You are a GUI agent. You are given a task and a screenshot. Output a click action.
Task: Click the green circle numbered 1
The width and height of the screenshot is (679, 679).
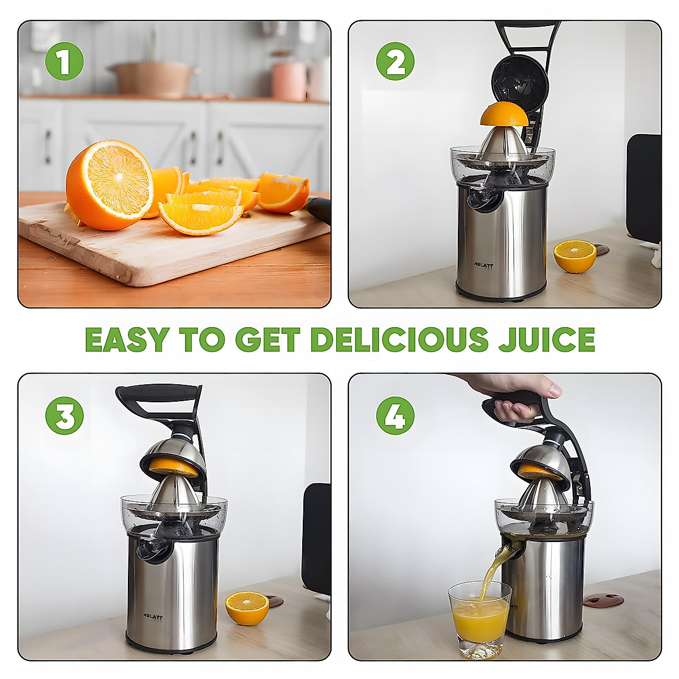click(x=64, y=61)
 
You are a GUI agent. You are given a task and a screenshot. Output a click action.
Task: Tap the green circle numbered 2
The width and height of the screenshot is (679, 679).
click(x=395, y=61)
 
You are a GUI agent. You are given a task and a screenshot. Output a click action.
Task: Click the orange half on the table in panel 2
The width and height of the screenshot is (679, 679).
click(x=574, y=256)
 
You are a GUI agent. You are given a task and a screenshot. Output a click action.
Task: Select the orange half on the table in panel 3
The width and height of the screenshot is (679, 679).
click(x=247, y=607)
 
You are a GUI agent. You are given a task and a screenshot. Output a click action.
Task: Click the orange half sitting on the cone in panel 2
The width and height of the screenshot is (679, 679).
click(x=504, y=115)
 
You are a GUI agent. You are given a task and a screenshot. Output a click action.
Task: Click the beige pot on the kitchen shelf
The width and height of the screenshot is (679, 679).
click(x=153, y=79)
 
